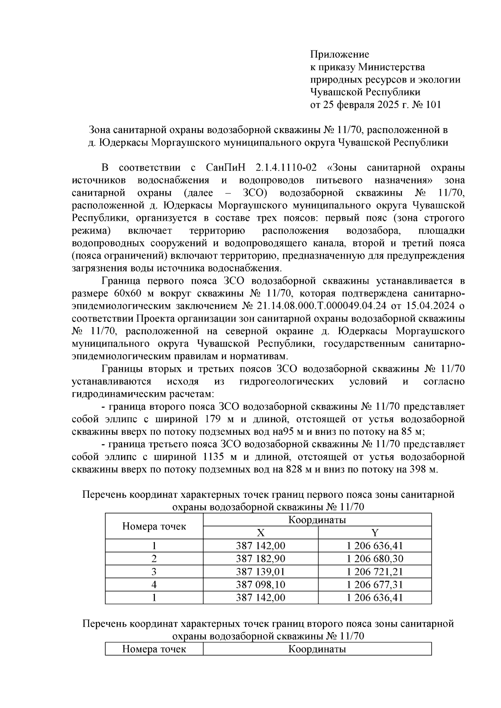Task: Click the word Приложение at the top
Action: [x=339, y=54]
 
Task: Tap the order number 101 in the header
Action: [x=432, y=105]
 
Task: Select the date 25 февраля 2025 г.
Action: [x=366, y=105]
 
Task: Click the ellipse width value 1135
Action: [x=214, y=457]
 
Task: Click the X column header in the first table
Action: [x=260, y=533]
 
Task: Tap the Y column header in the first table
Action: [x=374, y=533]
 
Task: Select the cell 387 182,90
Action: [x=261, y=559]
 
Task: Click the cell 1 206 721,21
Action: [x=374, y=572]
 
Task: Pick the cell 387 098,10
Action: [x=261, y=585]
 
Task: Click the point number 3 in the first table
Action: [x=154, y=572]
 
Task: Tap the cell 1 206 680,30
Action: [x=374, y=559]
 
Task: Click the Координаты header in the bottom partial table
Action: [x=317, y=649]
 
